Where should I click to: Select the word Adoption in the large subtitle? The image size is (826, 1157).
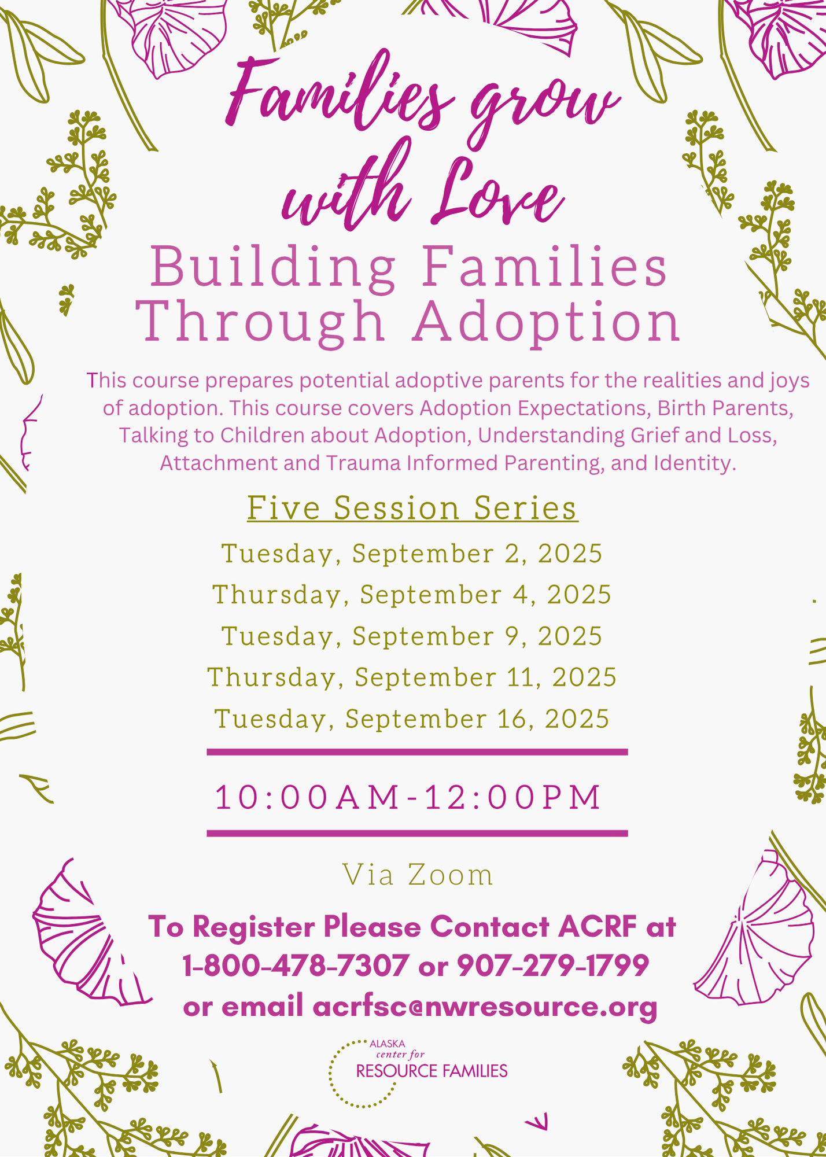(547, 322)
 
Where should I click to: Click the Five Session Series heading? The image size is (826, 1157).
(412, 508)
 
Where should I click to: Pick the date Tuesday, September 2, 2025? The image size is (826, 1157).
(412, 554)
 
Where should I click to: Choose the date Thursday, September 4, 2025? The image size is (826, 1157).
(412, 595)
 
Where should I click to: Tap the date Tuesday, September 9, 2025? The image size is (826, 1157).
(412, 636)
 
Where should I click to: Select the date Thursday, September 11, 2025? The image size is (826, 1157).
(412, 677)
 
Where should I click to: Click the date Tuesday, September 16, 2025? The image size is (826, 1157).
(412, 719)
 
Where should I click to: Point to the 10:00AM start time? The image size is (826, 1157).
(308, 797)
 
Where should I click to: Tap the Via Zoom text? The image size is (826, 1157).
(418, 875)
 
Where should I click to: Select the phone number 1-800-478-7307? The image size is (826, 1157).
(296, 966)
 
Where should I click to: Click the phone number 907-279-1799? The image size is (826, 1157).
(553, 966)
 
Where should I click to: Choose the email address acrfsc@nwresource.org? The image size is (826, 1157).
(485, 1007)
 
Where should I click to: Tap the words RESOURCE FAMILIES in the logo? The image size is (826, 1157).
(432, 1071)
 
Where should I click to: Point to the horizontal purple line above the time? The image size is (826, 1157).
(417, 752)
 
